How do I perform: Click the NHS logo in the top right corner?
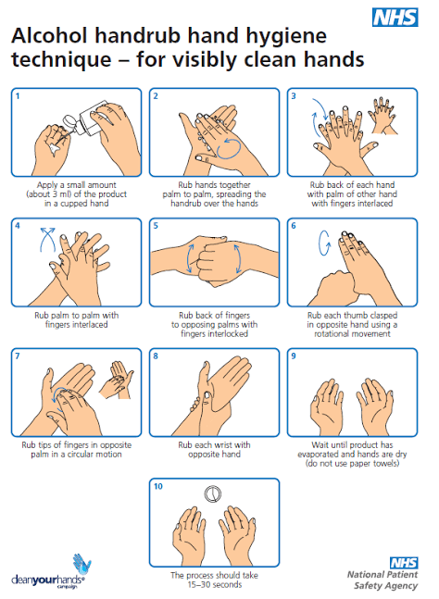coord(395,18)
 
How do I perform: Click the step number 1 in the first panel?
coord(18,96)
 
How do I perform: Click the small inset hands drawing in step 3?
coord(383,115)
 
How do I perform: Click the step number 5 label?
coord(156,226)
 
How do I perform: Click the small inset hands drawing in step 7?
coord(117,380)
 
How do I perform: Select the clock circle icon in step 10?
coord(212,493)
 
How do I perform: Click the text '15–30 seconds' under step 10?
coord(214,585)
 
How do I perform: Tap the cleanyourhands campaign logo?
coord(50,571)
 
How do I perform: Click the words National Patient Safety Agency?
coord(383,580)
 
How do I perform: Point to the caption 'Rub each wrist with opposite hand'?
coord(214,450)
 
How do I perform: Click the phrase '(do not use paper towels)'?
coord(352,464)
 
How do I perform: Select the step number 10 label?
coord(157,486)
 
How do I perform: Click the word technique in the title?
coord(61,60)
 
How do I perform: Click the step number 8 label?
coord(156,356)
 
